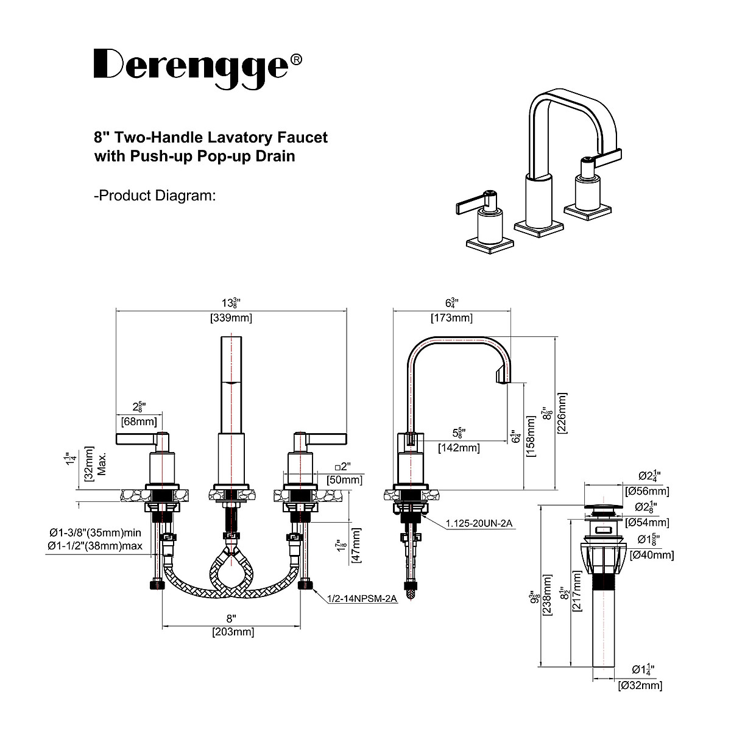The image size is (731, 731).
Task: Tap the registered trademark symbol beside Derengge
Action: [x=296, y=60]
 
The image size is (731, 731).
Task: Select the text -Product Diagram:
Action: [x=155, y=196]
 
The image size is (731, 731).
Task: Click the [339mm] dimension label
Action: [x=231, y=317]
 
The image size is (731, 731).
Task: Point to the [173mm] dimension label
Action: [x=451, y=317]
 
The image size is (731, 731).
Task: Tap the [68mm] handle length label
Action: [x=139, y=422]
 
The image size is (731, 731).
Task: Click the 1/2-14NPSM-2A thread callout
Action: [x=362, y=599]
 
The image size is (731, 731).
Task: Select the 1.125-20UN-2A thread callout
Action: [x=479, y=523]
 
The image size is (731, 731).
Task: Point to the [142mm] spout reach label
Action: [x=459, y=448]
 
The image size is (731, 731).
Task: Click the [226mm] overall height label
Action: [x=562, y=413]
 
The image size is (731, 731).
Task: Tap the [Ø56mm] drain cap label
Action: [x=647, y=491]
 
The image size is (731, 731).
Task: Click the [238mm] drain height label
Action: [x=548, y=595]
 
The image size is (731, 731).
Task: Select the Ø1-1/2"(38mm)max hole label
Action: [x=95, y=546]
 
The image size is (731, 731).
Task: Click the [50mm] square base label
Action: [x=344, y=480]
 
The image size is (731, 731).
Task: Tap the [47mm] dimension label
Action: [x=356, y=545]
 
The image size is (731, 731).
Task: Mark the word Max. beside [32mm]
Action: [x=102, y=464]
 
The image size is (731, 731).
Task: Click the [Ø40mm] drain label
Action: [x=652, y=555]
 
